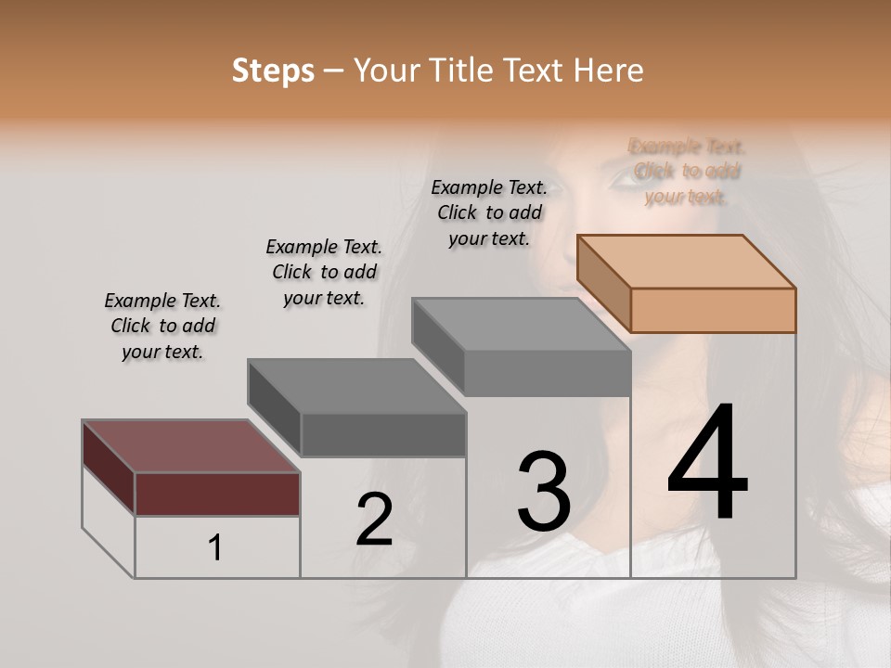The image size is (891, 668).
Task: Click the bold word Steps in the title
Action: coord(273,71)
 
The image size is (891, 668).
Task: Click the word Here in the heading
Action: coord(608,71)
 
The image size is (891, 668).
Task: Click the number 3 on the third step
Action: coord(543,491)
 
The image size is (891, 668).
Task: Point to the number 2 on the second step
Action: coord(374,520)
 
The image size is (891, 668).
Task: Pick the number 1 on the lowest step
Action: coord(215,548)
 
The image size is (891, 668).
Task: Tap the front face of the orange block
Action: coord(713,310)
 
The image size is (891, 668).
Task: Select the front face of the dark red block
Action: coord(217,494)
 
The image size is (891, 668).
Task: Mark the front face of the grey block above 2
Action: coord(382,434)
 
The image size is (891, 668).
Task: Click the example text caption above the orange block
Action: coord(687,171)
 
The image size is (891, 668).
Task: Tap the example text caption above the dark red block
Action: coord(162,326)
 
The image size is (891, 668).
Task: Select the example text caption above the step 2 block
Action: coord(324,272)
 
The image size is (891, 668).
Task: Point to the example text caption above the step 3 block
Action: coord(489,212)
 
